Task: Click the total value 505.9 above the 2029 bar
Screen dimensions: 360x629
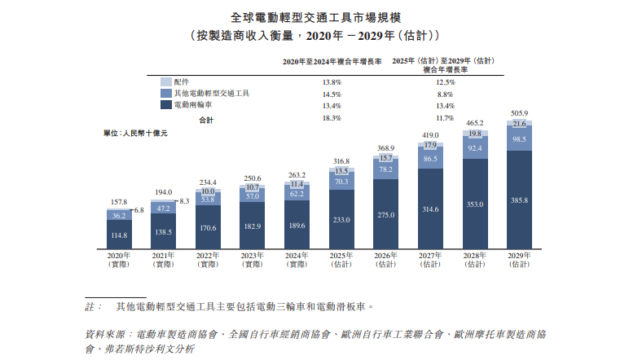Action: [x=518, y=113]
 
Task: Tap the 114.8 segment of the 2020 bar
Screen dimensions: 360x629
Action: [x=120, y=235]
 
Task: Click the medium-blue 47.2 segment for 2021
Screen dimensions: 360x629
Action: [x=164, y=209]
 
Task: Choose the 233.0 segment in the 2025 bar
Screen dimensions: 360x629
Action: [x=341, y=220]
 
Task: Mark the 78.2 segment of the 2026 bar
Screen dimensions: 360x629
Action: [x=385, y=169]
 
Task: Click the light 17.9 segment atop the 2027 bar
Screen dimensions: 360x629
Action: [x=430, y=145]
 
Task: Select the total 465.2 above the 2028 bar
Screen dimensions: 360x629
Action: [x=474, y=122]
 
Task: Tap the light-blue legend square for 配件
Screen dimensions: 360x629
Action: [x=166, y=82]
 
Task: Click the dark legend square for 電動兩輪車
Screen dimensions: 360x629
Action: [x=166, y=105]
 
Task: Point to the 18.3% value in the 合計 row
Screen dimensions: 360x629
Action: [x=332, y=118]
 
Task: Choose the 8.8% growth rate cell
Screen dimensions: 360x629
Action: [x=445, y=94]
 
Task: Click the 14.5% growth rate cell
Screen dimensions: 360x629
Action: [x=332, y=94]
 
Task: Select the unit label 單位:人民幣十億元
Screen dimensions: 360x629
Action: [x=135, y=133]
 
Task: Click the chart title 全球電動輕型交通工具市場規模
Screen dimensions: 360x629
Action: [x=314, y=17]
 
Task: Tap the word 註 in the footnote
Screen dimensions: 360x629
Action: [x=90, y=307]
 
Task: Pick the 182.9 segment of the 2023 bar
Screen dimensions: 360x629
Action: [x=253, y=225]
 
